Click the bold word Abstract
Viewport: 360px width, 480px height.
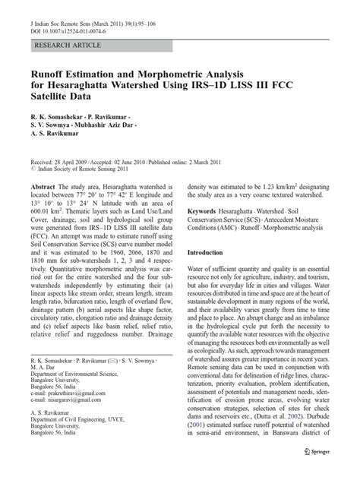(x=48, y=186)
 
